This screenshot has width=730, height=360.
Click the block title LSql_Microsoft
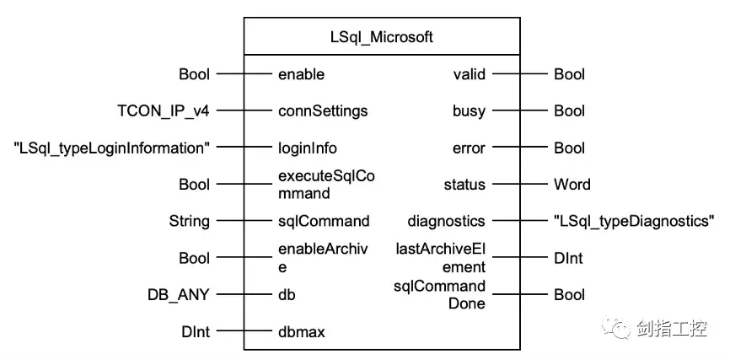[x=381, y=37]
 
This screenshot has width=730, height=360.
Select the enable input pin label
[x=301, y=74]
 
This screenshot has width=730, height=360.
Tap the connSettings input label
[x=322, y=110]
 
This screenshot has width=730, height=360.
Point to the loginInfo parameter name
[x=307, y=148]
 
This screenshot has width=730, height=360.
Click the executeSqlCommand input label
[x=323, y=184]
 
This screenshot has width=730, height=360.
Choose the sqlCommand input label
[x=324, y=221]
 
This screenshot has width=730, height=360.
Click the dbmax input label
[x=302, y=331]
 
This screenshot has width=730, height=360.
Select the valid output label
[x=469, y=74]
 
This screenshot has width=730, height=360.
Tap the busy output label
[x=468, y=110]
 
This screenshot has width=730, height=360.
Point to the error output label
[x=468, y=148]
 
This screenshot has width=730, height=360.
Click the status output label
[x=464, y=184]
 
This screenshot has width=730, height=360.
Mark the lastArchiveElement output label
[x=441, y=257]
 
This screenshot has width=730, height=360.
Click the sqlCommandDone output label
[x=439, y=294]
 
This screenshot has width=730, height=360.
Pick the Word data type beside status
[x=572, y=184]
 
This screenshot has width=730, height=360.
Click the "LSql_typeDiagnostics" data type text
[x=634, y=221]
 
